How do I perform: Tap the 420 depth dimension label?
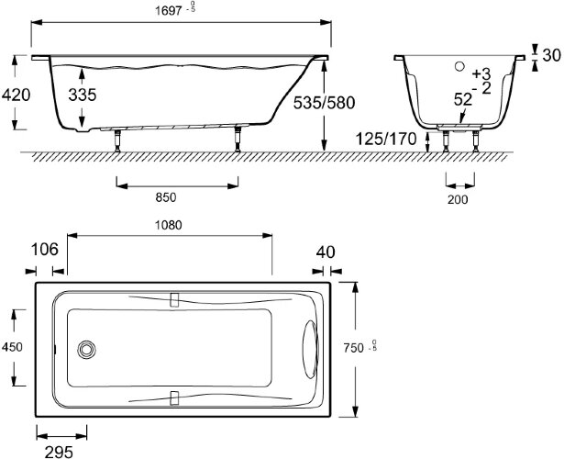click(17, 95)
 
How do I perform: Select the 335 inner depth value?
click(83, 95)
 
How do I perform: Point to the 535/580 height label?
click(324, 103)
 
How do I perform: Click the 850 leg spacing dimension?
click(166, 197)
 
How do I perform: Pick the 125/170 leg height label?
click(386, 139)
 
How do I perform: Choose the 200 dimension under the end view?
click(458, 199)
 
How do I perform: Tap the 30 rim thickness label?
click(551, 55)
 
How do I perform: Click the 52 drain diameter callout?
click(462, 99)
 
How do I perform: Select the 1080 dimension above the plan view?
click(169, 225)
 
